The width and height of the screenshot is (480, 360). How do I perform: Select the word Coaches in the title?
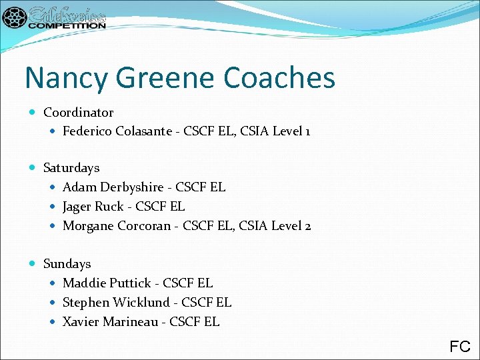tap(279, 79)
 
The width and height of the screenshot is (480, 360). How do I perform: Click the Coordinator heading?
tap(78, 113)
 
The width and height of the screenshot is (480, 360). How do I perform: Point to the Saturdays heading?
tap(71, 168)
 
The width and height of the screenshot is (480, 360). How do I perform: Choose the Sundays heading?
tap(67, 264)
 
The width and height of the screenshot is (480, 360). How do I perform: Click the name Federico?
tap(87, 131)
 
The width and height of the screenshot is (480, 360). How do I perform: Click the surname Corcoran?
tap(144, 226)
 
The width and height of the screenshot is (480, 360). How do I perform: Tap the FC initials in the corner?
tap(460, 347)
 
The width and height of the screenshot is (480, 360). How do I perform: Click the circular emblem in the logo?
tap(14, 18)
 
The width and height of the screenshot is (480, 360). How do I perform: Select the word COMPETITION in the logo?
tap(67, 25)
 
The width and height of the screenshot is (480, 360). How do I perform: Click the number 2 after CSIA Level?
tap(307, 226)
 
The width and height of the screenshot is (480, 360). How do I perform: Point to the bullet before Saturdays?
tap(34, 168)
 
